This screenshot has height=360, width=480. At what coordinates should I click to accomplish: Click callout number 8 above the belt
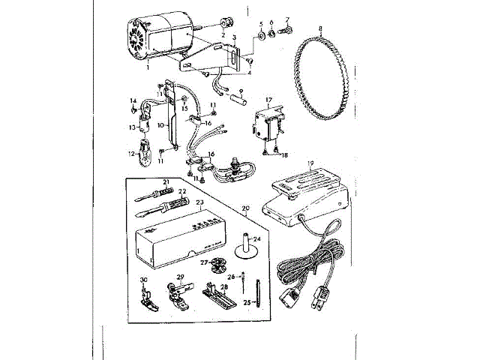(320, 28)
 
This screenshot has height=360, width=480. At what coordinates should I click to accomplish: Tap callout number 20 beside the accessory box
(245, 208)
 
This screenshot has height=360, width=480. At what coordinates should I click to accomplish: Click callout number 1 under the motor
(148, 67)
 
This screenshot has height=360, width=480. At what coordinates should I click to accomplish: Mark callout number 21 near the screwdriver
(166, 182)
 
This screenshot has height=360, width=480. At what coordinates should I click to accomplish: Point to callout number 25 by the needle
(247, 301)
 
